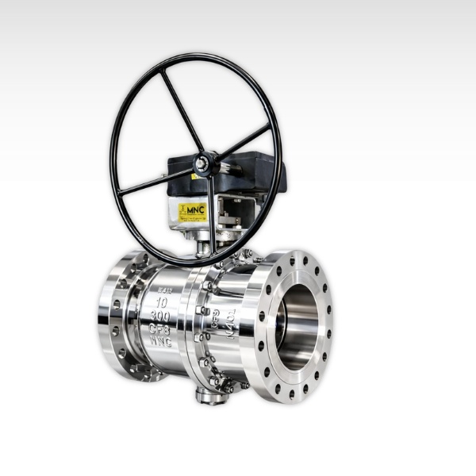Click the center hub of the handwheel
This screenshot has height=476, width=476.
205,163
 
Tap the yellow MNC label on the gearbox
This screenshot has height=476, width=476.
193,212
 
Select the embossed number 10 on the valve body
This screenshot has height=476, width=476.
163,301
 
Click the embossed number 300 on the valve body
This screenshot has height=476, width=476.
162,316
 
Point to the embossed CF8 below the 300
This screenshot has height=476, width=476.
162,329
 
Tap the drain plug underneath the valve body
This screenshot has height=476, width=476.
213,396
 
